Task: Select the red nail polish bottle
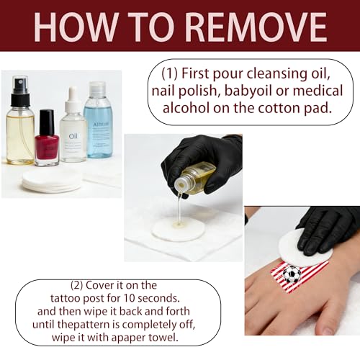point(47,138)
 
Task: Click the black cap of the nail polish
point(47,122)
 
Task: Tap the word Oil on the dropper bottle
point(73,136)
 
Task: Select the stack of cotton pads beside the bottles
point(52,180)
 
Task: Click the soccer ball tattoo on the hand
point(292,274)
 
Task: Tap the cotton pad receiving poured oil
point(178,228)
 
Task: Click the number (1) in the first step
point(170,73)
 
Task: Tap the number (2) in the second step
point(76,285)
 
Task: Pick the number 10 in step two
point(129,298)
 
